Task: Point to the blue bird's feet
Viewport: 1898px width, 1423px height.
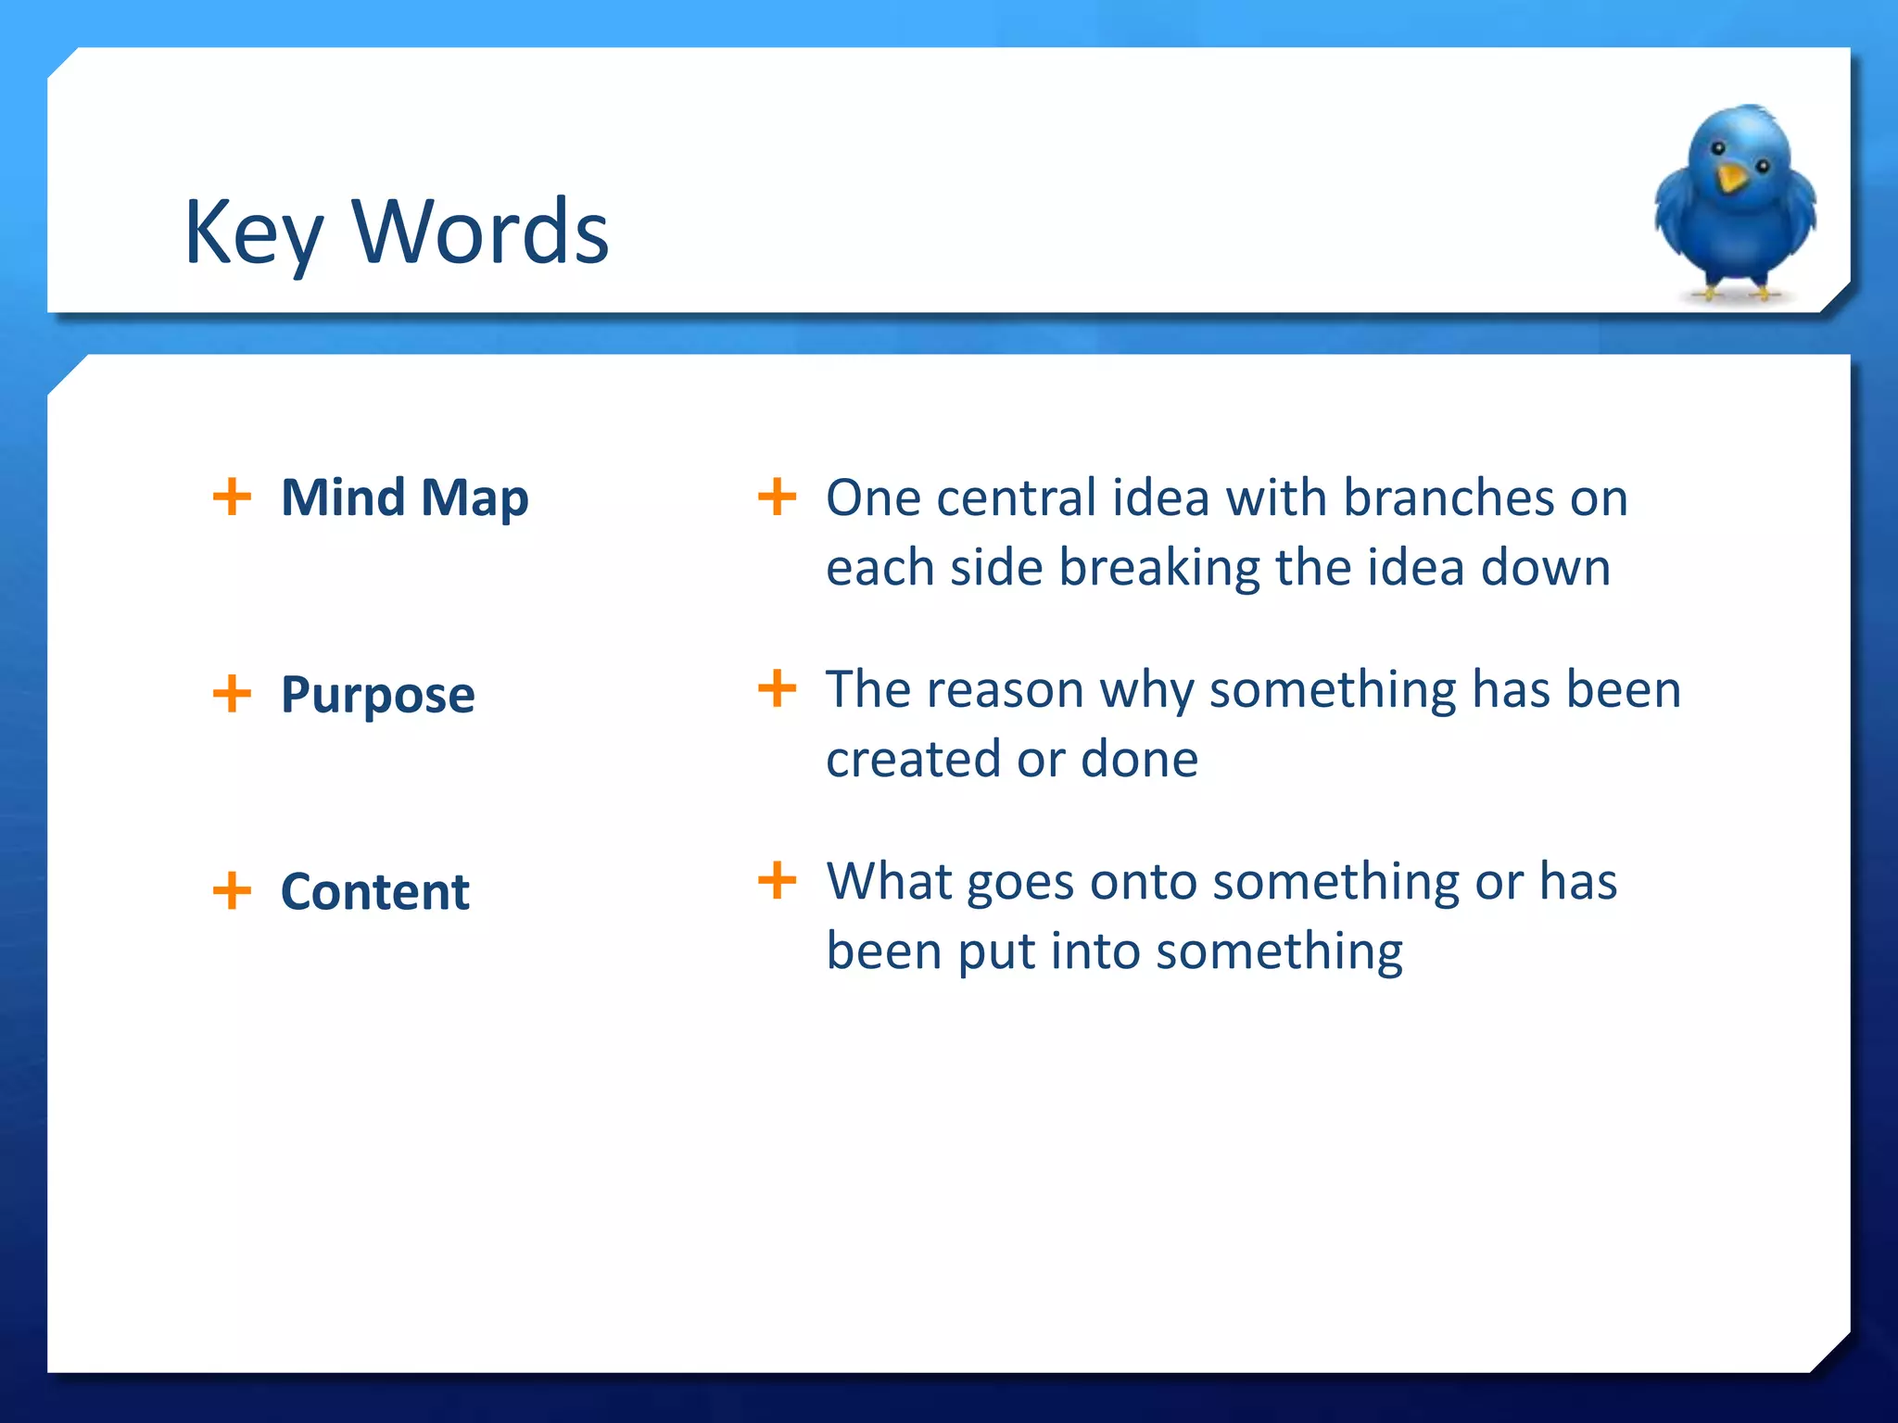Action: point(1735,293)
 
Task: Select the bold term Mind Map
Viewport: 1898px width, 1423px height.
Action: point(404,497)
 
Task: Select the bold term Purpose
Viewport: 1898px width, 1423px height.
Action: point(377,695)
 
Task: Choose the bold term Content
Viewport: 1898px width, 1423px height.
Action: point(374,891)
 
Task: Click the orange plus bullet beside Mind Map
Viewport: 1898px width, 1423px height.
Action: point(232,497)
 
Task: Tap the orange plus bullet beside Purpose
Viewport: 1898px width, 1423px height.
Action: point(232,693)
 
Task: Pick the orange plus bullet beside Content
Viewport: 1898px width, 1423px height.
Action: point(232,890)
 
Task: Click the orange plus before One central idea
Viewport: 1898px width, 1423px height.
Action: point(777,497)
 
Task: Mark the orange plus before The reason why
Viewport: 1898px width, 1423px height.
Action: point(777,688)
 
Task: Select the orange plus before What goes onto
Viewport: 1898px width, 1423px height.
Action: point(777,880)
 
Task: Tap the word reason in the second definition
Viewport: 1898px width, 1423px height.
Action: point(1005,690)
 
